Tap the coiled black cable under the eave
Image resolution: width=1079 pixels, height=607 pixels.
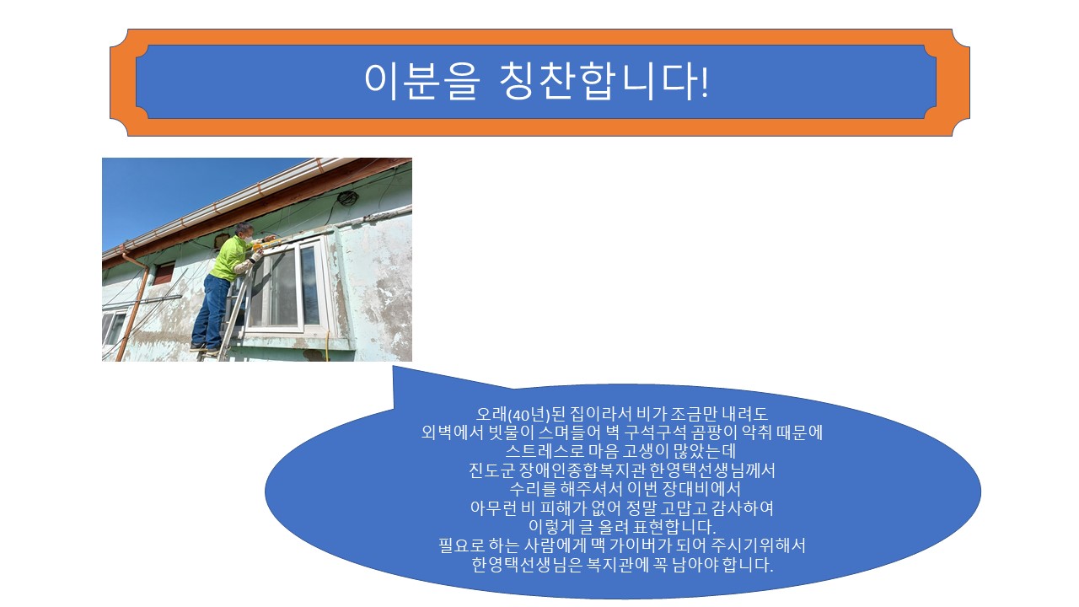(x=347, y=199)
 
